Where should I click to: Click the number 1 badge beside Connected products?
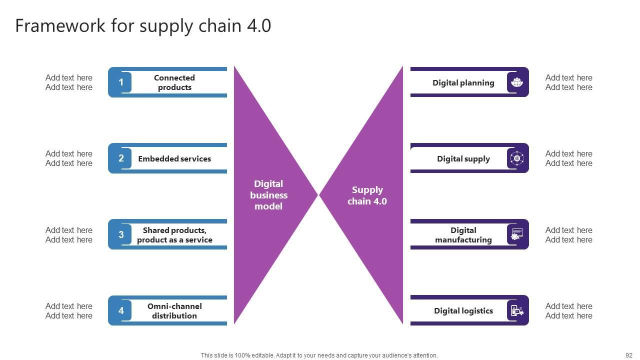click(x=120, y=82)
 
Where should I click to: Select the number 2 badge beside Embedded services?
click(x=120, y=158)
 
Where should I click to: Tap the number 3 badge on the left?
click(x=120, y=234)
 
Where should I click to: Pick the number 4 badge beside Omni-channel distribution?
click(x=120, y=310)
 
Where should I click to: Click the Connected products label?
click(x=174, y=82)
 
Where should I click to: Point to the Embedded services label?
click(x=174, y=159)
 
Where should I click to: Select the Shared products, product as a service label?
click(x=174, y=235)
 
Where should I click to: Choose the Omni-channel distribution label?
click(x=174, y=311)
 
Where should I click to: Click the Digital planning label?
click(x=463, y=83)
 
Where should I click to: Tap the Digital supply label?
click(x=463, y=159)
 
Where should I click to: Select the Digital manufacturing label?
click(x=463, y=235)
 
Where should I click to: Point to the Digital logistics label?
click(x=463, y=311)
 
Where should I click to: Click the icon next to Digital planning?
click(x=517, y=82)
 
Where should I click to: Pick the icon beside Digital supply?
click(x=517, y=158)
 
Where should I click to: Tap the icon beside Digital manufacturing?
click(x=517, y=234)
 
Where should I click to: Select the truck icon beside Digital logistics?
click(x=517, y=310)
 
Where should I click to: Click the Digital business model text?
click(x=268, y=195)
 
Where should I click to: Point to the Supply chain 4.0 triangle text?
click(x=367, y=195)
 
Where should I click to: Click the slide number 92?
click(x=629, y=355)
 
